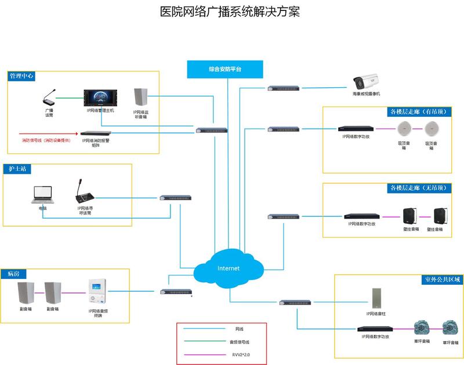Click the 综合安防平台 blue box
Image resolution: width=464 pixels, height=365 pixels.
(225, 69)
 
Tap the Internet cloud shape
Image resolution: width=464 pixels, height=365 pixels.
(228, 268)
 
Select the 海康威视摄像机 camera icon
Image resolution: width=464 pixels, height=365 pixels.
(367, 81)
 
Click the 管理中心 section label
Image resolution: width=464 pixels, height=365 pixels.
(21, 76)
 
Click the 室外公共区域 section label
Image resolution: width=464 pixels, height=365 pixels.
(441, 280)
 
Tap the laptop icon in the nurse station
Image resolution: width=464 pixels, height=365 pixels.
(42, 195)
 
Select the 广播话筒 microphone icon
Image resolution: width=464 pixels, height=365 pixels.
(50, 97)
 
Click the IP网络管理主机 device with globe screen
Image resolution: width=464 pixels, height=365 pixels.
(100, 98)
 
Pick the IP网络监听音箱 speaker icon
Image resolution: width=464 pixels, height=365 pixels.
(140, 98)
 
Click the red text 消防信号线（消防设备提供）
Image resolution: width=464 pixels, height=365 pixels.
(46, 140)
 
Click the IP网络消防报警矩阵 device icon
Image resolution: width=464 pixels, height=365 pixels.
(95, 133)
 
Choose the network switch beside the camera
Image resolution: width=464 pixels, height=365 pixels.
(284, 88)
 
